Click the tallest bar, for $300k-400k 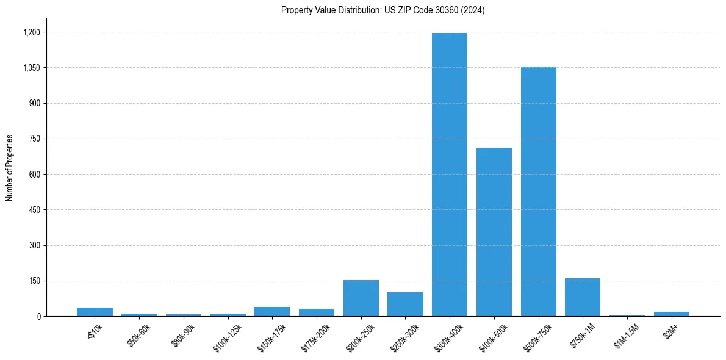[450, 175]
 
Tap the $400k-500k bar [494, 232]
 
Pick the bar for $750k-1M [583, 297]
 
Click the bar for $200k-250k [361, 298]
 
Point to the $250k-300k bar [406, 304]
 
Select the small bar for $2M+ [672, 314]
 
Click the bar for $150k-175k [272, 312]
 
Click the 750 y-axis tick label [35, 139]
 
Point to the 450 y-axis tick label [35, 210]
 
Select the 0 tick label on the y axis [39, 317]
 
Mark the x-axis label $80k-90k [182, 335]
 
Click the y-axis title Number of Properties [10, 168]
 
